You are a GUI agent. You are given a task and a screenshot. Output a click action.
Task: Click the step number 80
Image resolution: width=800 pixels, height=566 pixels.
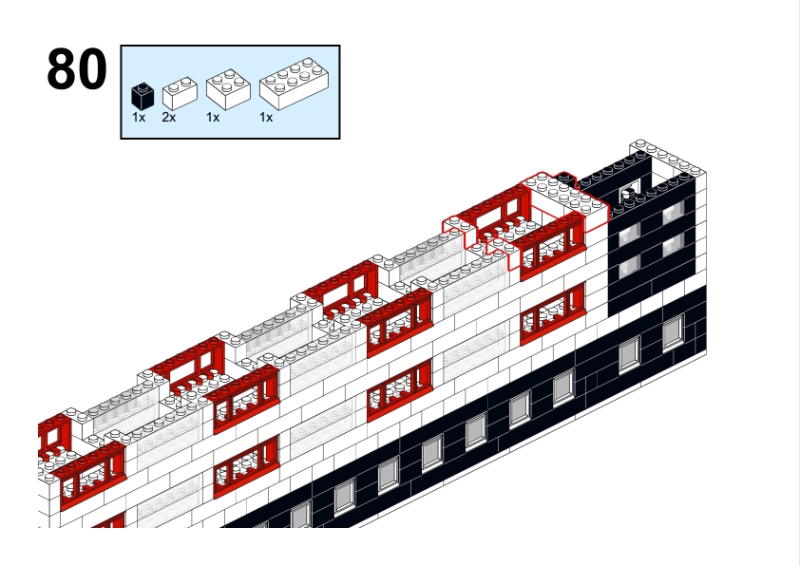click(76, 70)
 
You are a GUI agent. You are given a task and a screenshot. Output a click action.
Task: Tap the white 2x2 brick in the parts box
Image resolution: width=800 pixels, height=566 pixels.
click(227, 89)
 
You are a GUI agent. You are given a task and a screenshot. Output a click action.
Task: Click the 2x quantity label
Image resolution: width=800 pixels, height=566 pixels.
click(168, 118)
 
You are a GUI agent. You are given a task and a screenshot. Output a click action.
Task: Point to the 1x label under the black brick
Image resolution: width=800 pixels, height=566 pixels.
click(139, 118)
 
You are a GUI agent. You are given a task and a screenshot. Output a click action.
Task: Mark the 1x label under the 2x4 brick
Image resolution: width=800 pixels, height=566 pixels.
click(266, 118)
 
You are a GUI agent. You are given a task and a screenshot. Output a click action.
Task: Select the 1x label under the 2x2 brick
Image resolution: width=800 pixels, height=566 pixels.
click(213, 118)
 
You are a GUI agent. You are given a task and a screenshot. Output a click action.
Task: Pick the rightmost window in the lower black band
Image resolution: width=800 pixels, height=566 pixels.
click(673, 330)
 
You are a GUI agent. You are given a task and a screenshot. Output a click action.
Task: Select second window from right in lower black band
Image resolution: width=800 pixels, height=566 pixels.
click(628, 354)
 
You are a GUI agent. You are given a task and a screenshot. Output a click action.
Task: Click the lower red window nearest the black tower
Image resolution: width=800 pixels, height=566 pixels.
click(551, 313)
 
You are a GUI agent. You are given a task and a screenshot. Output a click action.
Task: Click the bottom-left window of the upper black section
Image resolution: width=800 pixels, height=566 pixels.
click(627, 268)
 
